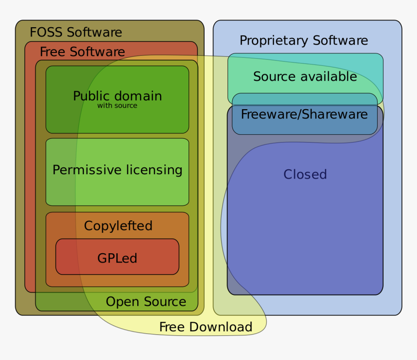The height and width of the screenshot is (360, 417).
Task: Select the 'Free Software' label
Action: [82, 52]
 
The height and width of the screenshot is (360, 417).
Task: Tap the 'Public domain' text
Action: [117, 96]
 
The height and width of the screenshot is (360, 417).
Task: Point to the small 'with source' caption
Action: [117, 106]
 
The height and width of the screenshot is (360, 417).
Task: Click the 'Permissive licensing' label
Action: [117, 170]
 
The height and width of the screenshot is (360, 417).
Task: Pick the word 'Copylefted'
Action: [118, 226]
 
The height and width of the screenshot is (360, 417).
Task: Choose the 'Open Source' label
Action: [146, 302]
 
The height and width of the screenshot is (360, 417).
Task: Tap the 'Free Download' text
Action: [206, 327]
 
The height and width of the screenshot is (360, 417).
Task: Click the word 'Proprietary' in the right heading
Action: [274, 41]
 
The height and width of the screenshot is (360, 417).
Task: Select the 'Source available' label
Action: [305, 77]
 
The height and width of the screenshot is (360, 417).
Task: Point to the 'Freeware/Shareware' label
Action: [304, 115]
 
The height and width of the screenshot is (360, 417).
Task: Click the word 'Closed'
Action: [305, 175]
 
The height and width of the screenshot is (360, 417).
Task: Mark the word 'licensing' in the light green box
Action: [154, 170]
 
